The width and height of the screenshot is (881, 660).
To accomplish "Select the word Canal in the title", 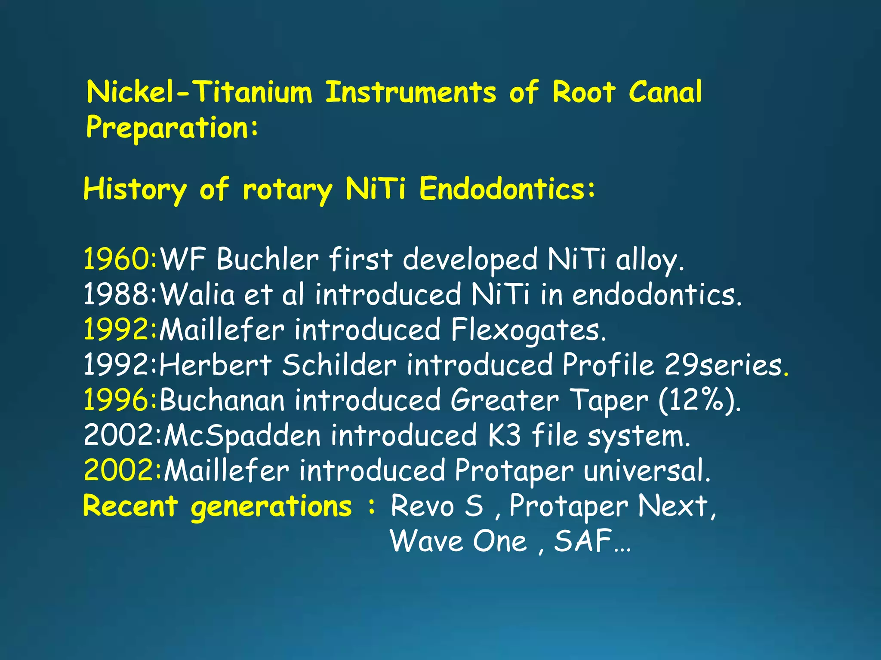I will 665,92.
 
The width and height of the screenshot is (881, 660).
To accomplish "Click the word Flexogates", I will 528,330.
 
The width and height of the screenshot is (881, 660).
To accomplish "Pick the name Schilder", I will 339,365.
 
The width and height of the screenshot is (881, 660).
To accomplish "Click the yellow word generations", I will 271,506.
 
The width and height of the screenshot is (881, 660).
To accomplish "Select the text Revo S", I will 437,506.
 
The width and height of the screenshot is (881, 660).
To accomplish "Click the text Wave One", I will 458,541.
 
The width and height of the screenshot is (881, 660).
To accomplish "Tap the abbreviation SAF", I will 583,541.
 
